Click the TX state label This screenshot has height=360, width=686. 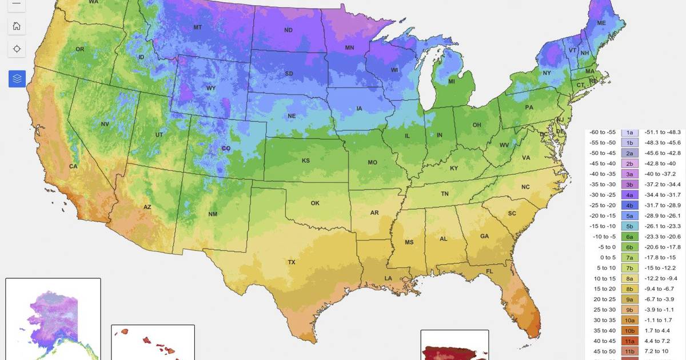[x=292, y=262]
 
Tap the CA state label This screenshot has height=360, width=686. [x=73, y=166]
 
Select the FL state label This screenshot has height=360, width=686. [x=490, y=270]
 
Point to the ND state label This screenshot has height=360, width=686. [x=289, y=30]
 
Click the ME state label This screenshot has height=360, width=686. [x=601, y=23]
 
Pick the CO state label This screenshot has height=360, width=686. [x=226, y=149]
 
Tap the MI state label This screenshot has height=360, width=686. [x=452, y=82]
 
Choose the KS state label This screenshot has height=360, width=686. [x=306, y=161]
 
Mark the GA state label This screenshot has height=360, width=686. [x=484, y=236]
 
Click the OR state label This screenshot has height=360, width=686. [x=79, y=49]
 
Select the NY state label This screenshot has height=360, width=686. [x=547, y=73]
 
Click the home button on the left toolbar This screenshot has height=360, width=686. [x=17, y=26]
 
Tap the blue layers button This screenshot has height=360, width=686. [x=17, y=79]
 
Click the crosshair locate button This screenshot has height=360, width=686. [x=17, y=49]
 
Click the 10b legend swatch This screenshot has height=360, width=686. [x=629, y=330]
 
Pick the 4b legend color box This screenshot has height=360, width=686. [x=629, y=205]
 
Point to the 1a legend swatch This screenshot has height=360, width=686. [x=629, y=132]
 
